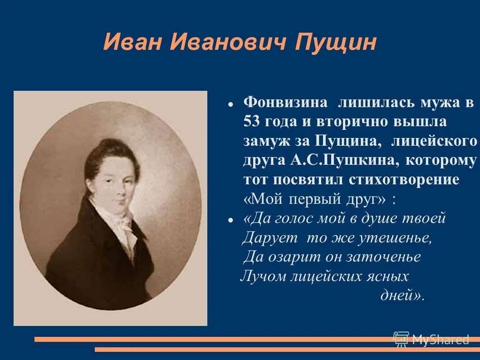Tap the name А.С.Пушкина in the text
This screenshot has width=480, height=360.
coord(342,160)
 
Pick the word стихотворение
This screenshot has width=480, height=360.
coord(404,179)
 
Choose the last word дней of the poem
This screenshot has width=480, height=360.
coord(400,295)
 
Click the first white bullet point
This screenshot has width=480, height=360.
coord(230,104)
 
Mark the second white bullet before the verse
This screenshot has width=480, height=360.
coord(230,220)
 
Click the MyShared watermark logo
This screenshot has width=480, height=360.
coord(431,339)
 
